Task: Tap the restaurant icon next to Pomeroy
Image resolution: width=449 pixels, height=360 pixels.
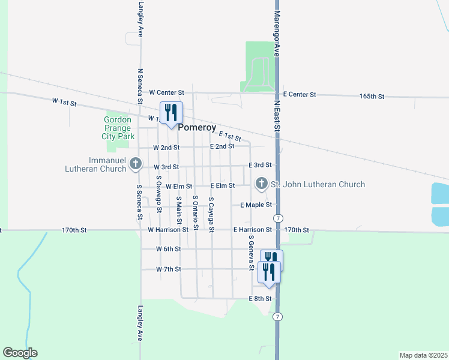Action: [171, 112]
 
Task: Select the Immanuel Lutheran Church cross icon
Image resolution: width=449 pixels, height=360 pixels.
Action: [136, 163]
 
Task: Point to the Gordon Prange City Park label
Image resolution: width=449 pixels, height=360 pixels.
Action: [118, 128]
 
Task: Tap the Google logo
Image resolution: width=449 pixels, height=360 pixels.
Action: [20, 353]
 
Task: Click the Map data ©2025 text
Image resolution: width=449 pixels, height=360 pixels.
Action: [423, 355]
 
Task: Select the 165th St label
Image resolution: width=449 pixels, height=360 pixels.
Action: [372, 96]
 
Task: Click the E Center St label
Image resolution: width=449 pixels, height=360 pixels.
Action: [300, 95]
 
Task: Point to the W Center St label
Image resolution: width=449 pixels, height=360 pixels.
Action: [166, 92]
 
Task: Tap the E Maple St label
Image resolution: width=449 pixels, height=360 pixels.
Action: [256, 205]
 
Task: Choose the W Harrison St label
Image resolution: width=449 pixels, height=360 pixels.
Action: [168, 230]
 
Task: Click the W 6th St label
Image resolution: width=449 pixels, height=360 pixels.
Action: [169, 248]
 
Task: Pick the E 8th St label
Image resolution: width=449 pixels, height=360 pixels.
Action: [261, 298]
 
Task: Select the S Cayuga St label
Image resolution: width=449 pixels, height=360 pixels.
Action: [211, 214]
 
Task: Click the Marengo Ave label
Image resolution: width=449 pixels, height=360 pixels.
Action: [277, 33]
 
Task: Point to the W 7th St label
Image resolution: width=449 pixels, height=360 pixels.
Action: [169, 269]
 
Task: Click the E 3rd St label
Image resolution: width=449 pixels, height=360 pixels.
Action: [261, 164]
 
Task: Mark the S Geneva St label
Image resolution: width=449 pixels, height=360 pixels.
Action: [252, 250]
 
